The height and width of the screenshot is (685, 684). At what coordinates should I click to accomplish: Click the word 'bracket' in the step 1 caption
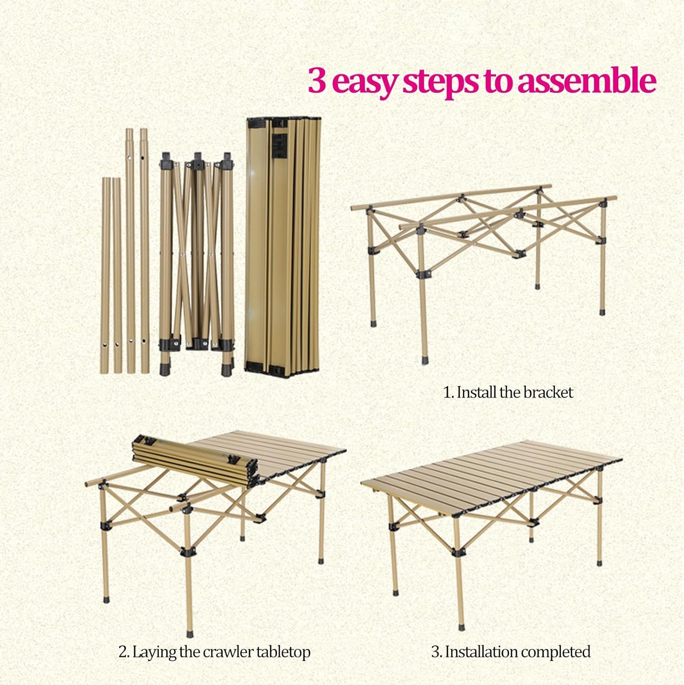point(548,392)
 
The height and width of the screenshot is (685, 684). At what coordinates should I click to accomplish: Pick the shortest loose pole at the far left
point(105,275)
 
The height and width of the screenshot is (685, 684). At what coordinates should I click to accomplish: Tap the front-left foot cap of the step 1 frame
point(425,358)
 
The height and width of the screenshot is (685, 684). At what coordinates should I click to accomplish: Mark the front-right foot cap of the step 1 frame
point(602,311)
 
